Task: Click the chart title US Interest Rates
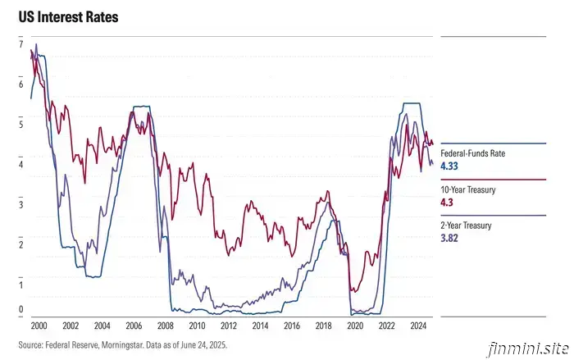click(x=63, y=16)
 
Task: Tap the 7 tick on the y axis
click(x=21, y=44)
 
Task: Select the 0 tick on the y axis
click(x=21, y=310)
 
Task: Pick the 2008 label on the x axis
click(x=165, y=326)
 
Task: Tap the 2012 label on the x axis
click(x=228, y=326)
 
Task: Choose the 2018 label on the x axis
click(x=323, y=326)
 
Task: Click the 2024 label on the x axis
click(x=418, y=326)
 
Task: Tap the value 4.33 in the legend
click(x=449, y=166)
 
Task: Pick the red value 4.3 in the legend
click(x=447, y=202)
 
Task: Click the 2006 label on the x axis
click(x=134, y=326)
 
